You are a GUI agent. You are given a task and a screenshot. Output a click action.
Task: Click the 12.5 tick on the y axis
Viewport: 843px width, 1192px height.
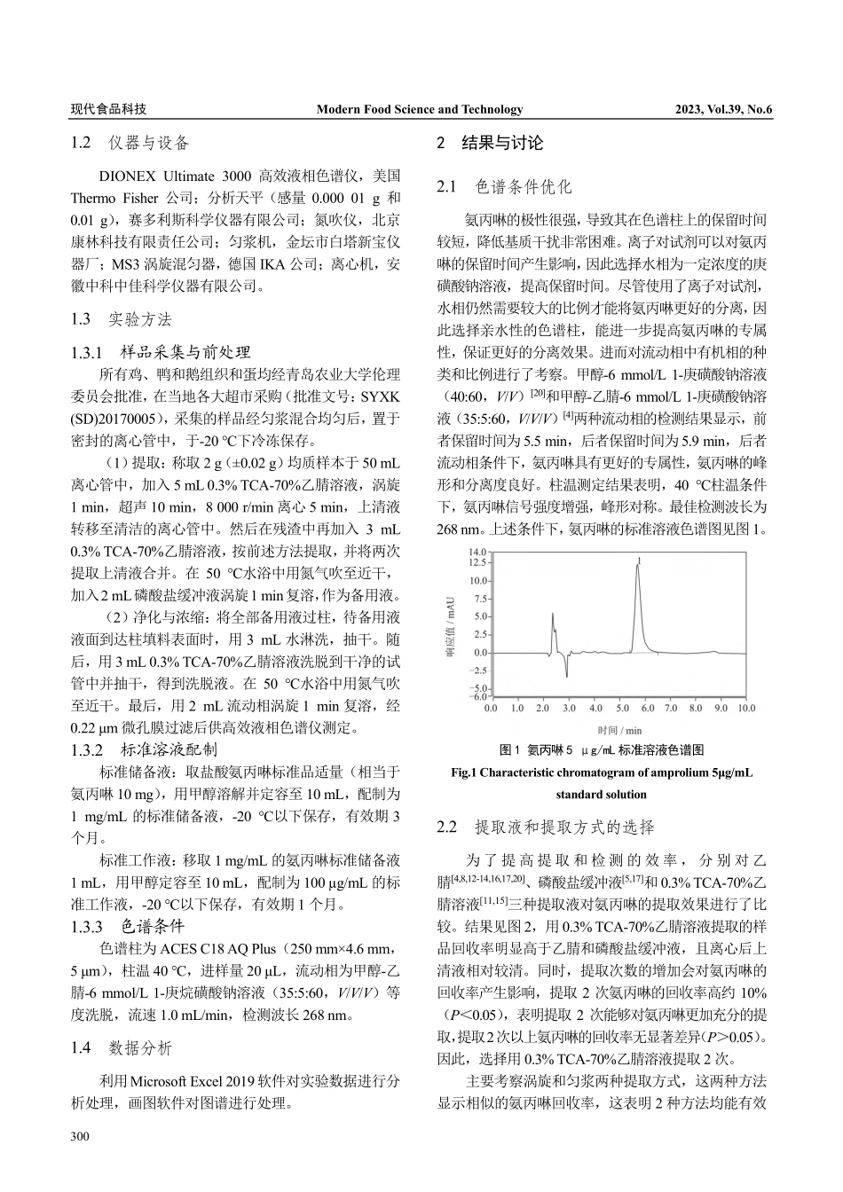coord(477,562)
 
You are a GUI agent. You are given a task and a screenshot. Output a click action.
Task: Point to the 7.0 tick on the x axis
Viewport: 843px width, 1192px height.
coord(671,709)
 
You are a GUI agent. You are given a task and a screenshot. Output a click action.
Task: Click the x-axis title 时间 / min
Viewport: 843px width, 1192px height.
coord(619,730)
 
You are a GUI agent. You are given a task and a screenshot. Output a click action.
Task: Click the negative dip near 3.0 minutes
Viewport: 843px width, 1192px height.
coord(566,676)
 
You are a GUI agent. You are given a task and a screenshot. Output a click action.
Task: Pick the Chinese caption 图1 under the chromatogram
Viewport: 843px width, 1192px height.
coord(509,749)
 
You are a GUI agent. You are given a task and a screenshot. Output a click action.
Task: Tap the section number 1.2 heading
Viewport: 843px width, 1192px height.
coord(82,143)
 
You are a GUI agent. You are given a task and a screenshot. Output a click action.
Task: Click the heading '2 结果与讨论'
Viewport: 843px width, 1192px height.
coord(490,143)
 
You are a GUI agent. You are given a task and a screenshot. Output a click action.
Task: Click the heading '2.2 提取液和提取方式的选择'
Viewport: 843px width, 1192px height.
coord(546,827)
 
